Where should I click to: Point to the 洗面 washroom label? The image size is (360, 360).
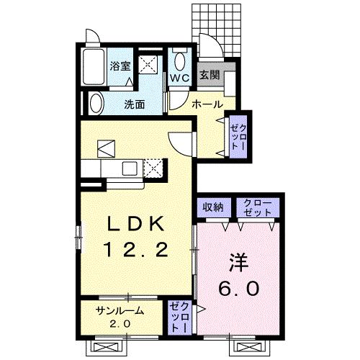134,104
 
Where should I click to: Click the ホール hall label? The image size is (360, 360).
206,104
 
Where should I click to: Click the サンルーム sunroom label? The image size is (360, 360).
120,311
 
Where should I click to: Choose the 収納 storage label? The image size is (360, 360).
212,207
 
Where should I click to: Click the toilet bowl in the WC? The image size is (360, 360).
180,58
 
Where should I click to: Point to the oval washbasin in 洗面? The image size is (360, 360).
96,102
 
